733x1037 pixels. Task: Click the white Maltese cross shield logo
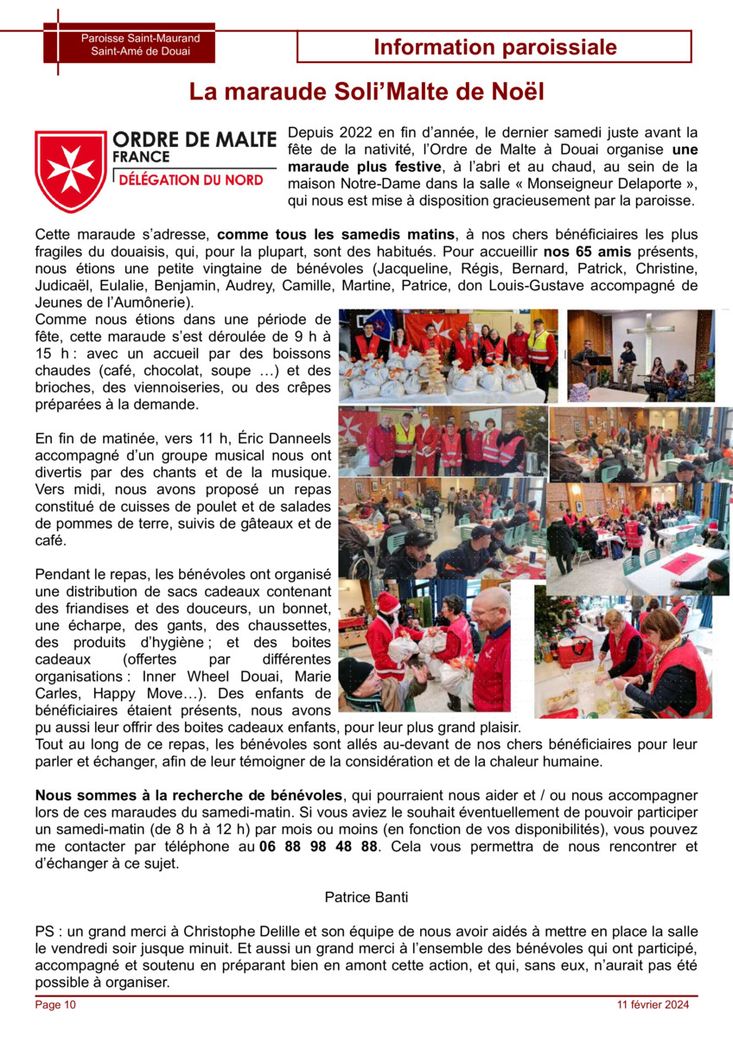71,169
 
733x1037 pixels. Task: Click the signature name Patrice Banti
366,897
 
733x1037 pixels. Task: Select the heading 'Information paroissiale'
495,48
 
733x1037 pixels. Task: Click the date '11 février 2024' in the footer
653,1004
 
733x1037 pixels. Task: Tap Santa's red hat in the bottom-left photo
388,600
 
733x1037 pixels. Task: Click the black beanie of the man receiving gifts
356,670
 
